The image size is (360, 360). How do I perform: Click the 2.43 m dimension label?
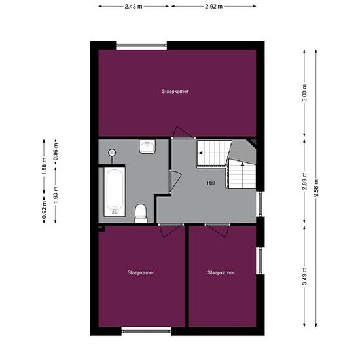click(x=134, y=7)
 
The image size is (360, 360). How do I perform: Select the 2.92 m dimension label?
click(x=213, y=7)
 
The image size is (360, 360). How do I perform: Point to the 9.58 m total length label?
click(x=316, y=188)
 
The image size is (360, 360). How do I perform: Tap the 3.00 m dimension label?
click(x=304, y=93)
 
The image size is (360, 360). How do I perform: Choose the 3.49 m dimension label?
click(x=304, y=276)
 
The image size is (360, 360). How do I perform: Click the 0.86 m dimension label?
click(x=56, y=152)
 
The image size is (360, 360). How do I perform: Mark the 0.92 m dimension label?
click(x=44, y=209)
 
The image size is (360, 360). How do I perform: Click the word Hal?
click(x=211, y=183)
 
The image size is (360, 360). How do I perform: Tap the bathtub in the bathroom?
click(x=115, y=192)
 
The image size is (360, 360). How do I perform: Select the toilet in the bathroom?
click(x=141, y=213)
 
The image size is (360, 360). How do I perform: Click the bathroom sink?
click(x=148, y=147)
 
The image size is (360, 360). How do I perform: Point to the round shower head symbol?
click(x=112, y=153)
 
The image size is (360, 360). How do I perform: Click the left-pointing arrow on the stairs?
click(x=200, y=153)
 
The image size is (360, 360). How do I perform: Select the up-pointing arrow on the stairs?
click(x=242, y=164)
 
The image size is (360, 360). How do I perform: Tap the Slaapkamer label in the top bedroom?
click(x=175, y=92)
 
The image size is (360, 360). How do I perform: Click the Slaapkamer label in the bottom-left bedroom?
click(x=141, y=272)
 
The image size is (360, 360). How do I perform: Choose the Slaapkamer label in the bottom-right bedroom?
click(x=221, y=272)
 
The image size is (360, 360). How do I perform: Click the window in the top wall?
click(x=141, y=46)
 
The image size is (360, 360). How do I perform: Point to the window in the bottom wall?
click(x=146, y=331)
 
